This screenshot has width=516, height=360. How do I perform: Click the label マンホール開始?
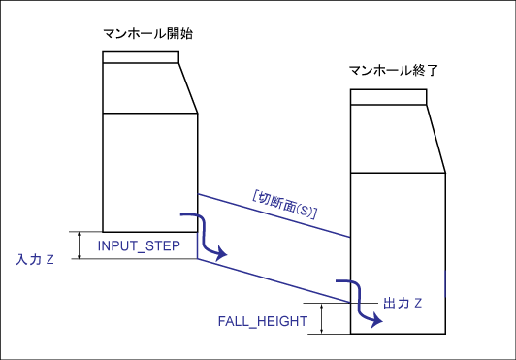click(147, 33)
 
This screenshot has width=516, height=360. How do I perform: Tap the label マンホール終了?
click(393, 70)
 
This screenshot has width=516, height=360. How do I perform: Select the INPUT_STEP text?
click(139, 246)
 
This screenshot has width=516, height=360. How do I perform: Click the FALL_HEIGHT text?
click(263, 321)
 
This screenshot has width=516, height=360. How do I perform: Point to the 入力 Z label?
click(35, 260)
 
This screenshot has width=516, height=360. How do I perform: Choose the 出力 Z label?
click(403, 303)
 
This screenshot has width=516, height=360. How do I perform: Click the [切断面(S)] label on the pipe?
click(284, 205)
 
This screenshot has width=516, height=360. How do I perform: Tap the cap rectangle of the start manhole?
click(141, 57)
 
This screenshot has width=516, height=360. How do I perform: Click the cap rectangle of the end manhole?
click(389, 97)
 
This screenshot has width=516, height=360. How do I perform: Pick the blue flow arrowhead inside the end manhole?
click(376, 320)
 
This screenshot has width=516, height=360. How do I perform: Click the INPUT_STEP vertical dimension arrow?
click(79, 245)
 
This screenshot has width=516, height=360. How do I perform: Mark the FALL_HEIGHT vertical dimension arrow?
click(322, 319)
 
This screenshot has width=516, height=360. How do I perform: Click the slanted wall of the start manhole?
click(188, 88)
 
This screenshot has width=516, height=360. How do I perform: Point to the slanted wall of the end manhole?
click(436, 139)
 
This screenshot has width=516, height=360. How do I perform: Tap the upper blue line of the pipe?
click(274, 215)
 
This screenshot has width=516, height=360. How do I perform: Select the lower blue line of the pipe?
click(274, 280)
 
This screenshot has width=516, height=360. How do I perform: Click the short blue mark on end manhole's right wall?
click(445, 283)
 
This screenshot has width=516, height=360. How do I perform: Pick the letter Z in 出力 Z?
click(418, 303)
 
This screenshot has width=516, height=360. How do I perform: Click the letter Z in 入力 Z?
click(50, 260)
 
